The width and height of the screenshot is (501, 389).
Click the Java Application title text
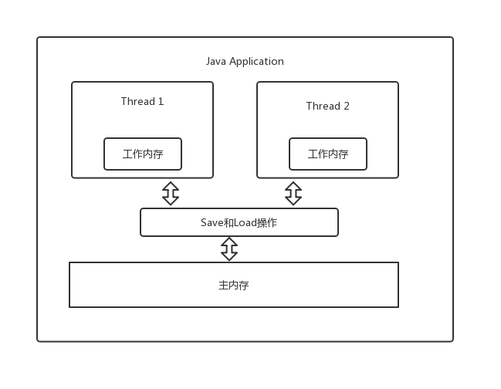click(x=245, y=61)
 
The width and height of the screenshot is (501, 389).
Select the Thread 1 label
click(x=142, y=101)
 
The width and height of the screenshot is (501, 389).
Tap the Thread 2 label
click(x=327, y=106)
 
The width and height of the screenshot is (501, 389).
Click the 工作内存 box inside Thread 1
click(x=143, y=154)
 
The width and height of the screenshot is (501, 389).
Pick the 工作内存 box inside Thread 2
click(x=328, y=154)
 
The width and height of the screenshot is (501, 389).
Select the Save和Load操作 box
click(x=239, y=222)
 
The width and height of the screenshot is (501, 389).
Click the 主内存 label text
click(x=234, y=285)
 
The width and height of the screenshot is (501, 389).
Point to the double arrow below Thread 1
click(x=171, y=193)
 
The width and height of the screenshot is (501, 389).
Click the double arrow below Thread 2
click(x=293, y=193)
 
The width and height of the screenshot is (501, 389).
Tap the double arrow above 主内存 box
click(x=229, y=249)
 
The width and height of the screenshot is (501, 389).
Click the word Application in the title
click(x=256, y=61)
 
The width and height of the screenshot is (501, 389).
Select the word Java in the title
click(x=216, y=61)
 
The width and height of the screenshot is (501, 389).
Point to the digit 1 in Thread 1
click(x=161, y=101)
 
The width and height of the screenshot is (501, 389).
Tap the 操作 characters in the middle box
click(x=267, y=222)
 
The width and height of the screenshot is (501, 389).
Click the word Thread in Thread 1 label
click(x=137, y=101)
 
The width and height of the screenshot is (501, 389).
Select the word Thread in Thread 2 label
click(x=322, y=106)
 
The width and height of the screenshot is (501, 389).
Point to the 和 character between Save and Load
click(x=228, y=222)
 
